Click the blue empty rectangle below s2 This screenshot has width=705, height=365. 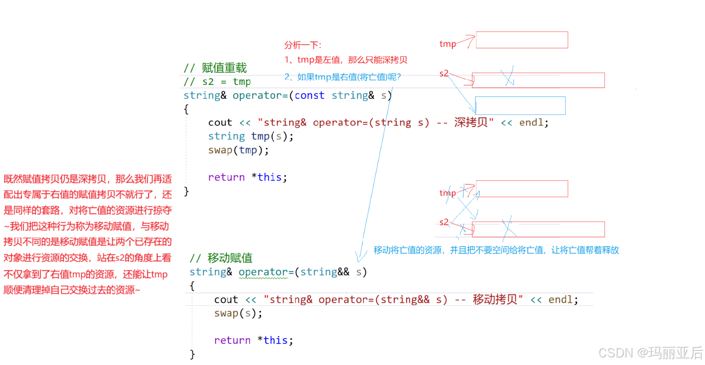coord(520,105)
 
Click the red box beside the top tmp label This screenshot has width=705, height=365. coord(521,40)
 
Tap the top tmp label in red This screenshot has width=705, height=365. coord(447,44)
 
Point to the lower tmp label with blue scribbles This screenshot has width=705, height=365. coord(447,193)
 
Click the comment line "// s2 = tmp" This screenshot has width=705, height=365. coord(217,82)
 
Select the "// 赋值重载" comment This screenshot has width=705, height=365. coord(215,68)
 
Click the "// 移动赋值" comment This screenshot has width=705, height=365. coord(221,258)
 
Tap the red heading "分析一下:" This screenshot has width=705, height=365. coord(303,45)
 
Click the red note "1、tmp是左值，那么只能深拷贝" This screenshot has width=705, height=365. coord(346,60)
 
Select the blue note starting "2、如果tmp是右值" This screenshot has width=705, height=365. coord(342,77)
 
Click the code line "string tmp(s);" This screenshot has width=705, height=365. coord(250,136)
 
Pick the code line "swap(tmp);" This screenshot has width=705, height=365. coord(238,150)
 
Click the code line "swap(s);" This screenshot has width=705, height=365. coord(238,313)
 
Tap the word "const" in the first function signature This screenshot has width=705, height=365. coord(309,96)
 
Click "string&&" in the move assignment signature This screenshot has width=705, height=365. coord(325,272)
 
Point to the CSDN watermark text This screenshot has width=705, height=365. coord(650,353)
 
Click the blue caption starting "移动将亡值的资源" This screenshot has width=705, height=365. coord(496,250)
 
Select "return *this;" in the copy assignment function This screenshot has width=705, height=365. coord(247,177)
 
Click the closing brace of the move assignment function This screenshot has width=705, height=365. coord(192,354)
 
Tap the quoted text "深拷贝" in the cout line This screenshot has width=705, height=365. coord(471,122)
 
